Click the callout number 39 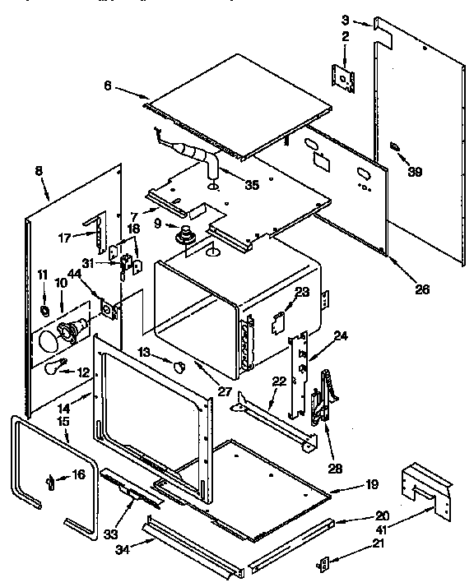415,172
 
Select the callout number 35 252,186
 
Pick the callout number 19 349,484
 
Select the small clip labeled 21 324,563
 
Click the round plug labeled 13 178,364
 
